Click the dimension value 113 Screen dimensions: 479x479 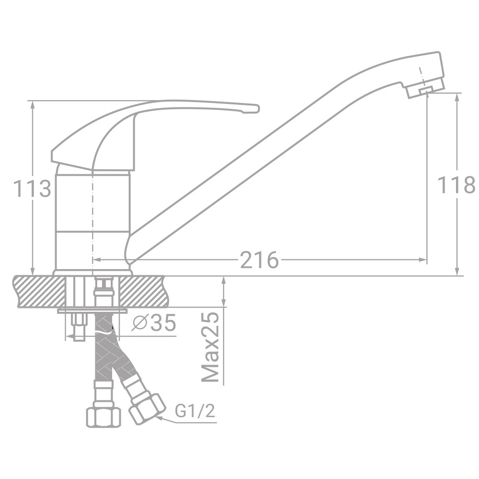point(32,188)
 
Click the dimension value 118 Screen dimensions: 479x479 point(456,185)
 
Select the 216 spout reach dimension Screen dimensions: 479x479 point(259,260)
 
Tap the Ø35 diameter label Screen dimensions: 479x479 point(154,324)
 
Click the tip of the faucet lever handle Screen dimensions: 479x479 point(254,109)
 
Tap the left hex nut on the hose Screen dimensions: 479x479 point(103,416)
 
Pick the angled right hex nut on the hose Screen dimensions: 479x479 point(147,407)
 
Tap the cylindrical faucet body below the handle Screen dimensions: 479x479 point(93,220)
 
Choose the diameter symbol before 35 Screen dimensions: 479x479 point(139,324)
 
